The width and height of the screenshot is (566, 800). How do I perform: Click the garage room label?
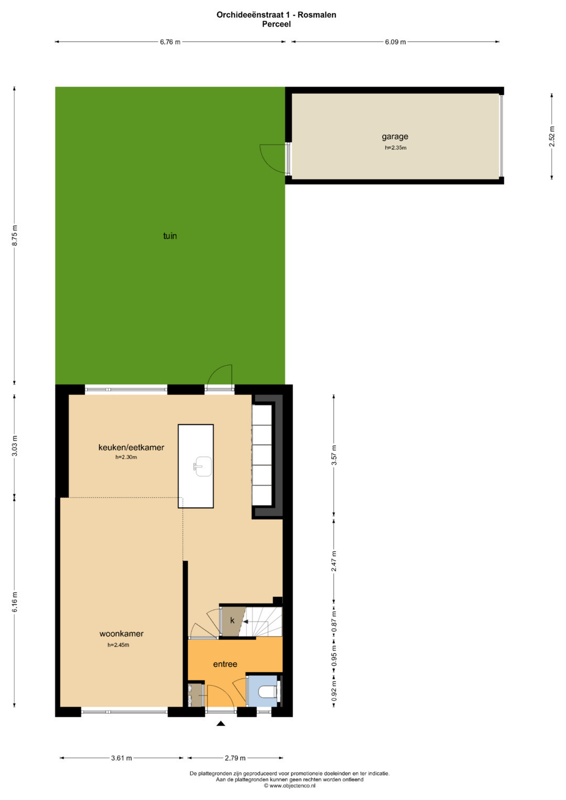(x=395, y=136)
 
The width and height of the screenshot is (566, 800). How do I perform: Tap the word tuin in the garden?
(x=170, y=236)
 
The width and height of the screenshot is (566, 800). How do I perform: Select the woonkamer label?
(x=122, y=633)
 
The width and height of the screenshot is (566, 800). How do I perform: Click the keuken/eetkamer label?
(x=131, y=447)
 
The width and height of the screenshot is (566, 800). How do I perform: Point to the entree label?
(x=225, y=664)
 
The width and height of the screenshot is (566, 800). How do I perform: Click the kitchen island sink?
(x=203, y=466)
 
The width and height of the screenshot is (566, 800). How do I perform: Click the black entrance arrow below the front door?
(x=221, y=724)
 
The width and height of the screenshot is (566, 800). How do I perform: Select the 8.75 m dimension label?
(x=15, y=235)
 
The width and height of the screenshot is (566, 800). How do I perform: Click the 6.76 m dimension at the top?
(x=170, y=42)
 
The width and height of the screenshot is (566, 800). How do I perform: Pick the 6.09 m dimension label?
(x=395, y=42)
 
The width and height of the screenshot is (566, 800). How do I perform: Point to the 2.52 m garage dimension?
(x=552, y=136)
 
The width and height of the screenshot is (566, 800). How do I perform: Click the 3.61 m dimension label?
(x=122, y=758)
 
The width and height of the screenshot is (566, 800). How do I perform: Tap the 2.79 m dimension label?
(x=235, y=758)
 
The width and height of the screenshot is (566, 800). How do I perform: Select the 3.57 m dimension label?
(x=334, y=455)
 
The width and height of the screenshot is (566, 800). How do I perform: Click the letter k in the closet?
(x=232, y=620)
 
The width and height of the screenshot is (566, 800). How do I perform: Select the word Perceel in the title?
(x=276, y=24)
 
